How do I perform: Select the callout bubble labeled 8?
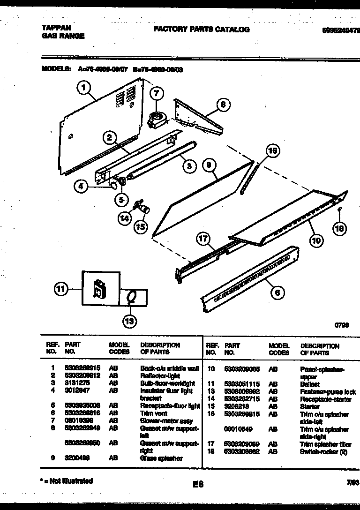click(x=223, y=105)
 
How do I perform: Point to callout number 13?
click(x=129, y=321)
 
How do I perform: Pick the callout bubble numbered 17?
click(x=203, y=239)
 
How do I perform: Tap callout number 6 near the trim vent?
click(x=277, y=292)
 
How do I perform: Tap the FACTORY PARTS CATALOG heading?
click(x=202, y=29)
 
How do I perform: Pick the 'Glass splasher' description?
click(x=161, y=458)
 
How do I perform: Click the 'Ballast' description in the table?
click(x=310, y=384)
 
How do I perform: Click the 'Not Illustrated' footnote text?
click(x=67, y=480)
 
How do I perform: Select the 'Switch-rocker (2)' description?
click(x=323, y=451)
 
